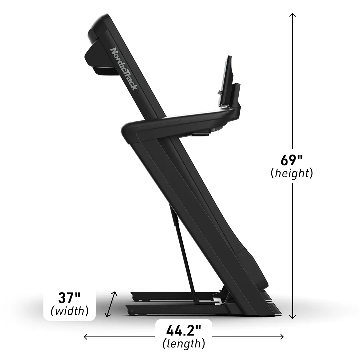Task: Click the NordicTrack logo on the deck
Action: [124, 69]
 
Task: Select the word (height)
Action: [292, 173]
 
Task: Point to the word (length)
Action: [184, 344]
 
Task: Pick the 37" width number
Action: [69, 298]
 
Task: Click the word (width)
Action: [70, 311]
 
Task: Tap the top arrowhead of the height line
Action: [292, 15]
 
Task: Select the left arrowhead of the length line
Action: [86, 337]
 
